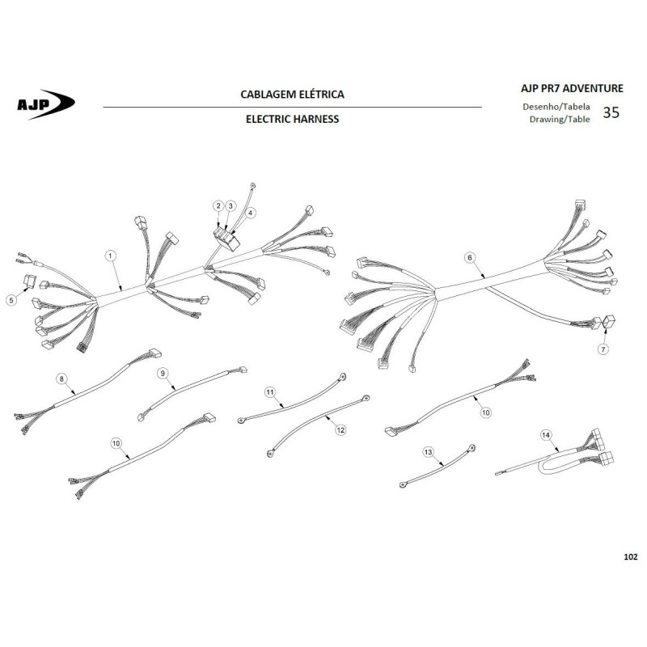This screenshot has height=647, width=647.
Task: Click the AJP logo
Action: pos(46,104)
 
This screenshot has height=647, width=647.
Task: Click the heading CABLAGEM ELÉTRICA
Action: pos(292,95)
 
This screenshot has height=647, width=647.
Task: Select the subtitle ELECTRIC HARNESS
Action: pos(292,119)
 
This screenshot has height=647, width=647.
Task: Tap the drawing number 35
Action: pos(611,112)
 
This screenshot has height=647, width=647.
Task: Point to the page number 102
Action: pos(631,557)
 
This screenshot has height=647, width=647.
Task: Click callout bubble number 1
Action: pos(110,256)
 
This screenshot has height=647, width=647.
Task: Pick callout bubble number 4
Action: pos(250,213)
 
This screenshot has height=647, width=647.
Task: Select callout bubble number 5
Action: pos(11,299)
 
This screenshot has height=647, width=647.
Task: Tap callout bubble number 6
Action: pos(470,258)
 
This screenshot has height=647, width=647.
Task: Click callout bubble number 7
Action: pos(603,349)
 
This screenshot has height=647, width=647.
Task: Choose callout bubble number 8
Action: pos(61,378)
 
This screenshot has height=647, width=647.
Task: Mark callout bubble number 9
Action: pos(163,374)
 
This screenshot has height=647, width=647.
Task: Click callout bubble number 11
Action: pos(270,392)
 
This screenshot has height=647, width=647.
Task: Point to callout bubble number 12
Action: pos(340,430)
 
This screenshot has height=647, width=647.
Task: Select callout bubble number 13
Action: pos(428,452)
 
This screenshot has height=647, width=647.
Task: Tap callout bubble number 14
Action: pos(546,435)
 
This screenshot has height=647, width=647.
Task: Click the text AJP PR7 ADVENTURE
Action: pos(572,88)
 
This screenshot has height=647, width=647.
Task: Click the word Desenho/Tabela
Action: pos(556,107)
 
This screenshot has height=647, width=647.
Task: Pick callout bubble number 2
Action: pos(218,206)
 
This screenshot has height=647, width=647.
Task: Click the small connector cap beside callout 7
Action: pos(609,321)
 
